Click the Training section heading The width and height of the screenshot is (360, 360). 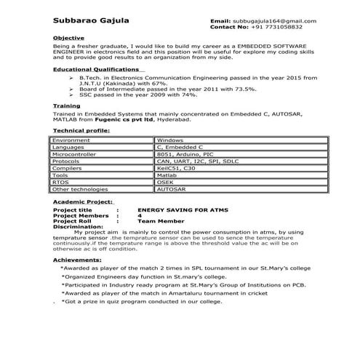pos(66,106)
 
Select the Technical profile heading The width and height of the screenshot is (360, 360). pos(81,131)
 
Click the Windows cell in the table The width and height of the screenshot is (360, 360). pos(169,140)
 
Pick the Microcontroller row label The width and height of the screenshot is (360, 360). pos(79,154)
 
